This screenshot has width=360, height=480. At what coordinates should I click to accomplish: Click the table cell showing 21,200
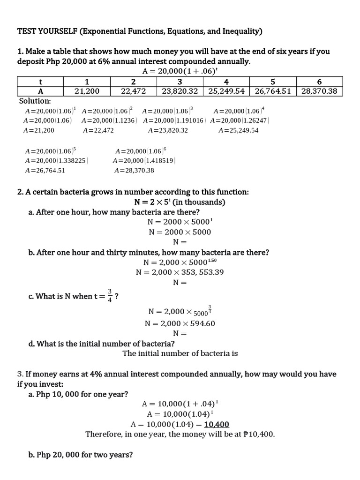(87, 91)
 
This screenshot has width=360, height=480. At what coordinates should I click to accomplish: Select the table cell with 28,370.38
(319, 91)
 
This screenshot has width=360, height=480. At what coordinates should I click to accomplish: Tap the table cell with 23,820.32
(180, 91)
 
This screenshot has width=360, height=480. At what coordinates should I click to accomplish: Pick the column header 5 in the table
(273, 81)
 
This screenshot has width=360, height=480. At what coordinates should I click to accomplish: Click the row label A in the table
(40, 91)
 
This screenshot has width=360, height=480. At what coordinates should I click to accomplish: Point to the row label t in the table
(40, 81)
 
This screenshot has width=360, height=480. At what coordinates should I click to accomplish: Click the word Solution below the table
(35, 101)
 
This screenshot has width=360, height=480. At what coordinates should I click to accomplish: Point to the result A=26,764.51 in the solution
(45, 171)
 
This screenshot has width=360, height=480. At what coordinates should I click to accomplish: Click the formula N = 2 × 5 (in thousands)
(180, 202)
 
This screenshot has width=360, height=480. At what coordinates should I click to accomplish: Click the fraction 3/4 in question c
(110, 296)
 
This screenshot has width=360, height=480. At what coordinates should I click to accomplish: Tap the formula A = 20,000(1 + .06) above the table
(180, 71)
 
